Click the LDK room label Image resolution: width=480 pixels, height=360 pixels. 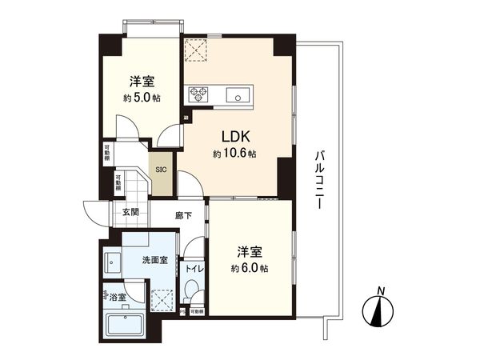(x=234, y=137)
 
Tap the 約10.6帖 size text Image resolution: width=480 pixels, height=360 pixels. (x=234, y=153)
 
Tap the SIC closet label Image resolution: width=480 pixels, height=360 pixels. (x=161, y=170)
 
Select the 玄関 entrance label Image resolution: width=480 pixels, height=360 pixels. (x=131, y=212)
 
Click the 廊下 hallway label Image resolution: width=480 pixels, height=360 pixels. (x=183, y=215)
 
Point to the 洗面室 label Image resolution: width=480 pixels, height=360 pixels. (x=154, y=260)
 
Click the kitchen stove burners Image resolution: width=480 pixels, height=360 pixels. (x=198, y=95)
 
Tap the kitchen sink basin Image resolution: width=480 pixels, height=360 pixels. (x=238, y=96)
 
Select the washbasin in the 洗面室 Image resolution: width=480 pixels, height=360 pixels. (x=112, y=261)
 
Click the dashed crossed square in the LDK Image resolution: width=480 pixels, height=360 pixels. (x=195, y=50)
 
